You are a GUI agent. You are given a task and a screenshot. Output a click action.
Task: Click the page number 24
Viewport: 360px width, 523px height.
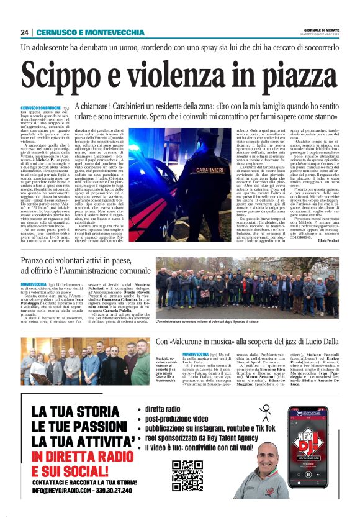(24, 32)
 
